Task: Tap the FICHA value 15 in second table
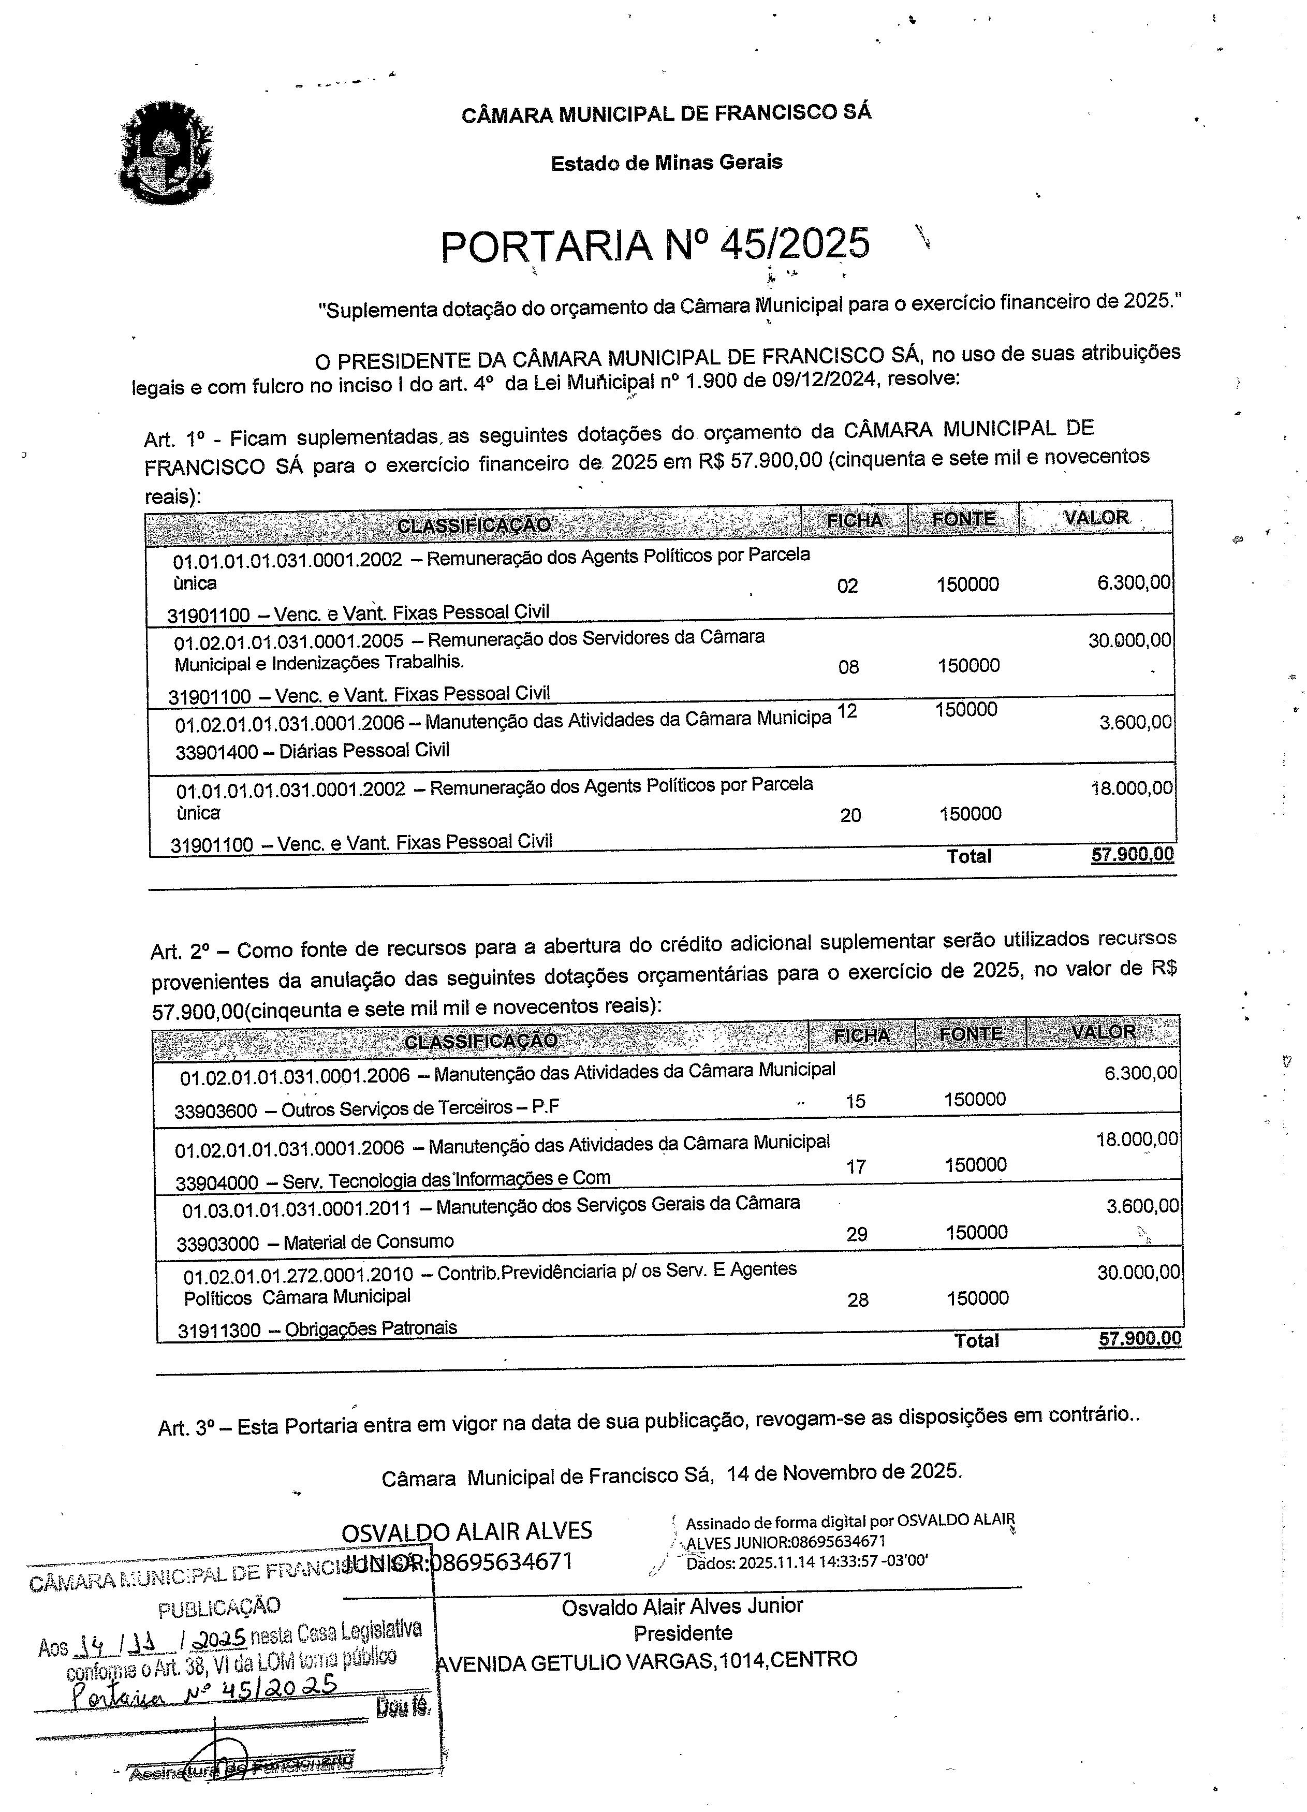(x=855, y=1102)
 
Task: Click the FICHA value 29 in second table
(x=857, y=1234)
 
